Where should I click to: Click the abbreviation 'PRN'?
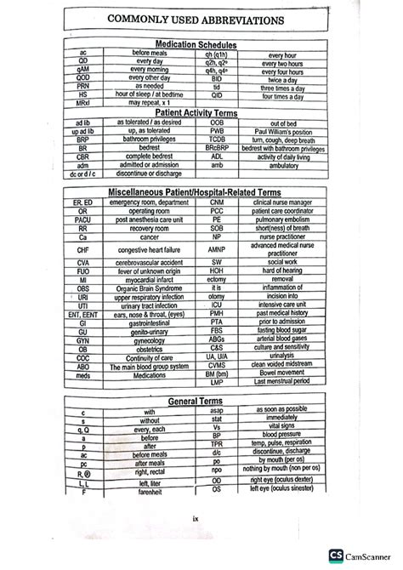click(x=81, y=86)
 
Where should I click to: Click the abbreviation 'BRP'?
click(x=82, y=139)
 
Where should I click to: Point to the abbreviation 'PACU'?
click(x=82, y=219)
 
